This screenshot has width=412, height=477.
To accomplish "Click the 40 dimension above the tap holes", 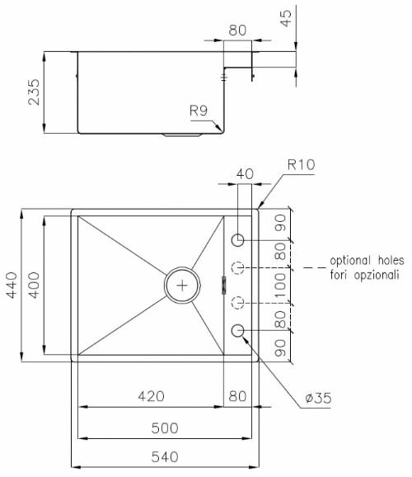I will click(244, 174).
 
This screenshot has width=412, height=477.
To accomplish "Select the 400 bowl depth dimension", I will click(33, 286).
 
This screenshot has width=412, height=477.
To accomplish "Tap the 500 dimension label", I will click(167, 428).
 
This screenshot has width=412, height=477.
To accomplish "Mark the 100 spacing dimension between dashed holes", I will click(280, 285).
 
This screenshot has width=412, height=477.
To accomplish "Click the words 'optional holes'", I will click(363, 260).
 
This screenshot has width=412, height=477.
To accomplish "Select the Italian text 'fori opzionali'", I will click(363, 275).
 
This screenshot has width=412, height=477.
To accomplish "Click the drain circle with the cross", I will click(182, 285).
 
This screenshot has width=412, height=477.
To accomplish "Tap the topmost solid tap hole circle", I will click(238, 240).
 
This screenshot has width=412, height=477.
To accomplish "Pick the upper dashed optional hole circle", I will click(238, 268).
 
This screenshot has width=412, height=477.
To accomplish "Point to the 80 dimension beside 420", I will click(237, 397).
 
